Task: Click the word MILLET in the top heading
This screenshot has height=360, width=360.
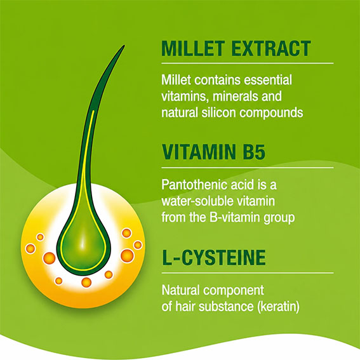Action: [x=192, y=48]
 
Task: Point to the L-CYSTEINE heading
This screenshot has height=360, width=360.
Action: [x=214, y=257]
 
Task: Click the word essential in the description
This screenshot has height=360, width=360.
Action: [x=268, y=80]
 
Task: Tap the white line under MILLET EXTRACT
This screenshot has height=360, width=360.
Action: [x=247, y=63]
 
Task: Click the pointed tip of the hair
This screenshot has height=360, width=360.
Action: [x=124, y=46]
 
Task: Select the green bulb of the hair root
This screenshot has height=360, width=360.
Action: [x=83, y=248]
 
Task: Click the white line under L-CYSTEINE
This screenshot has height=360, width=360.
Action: [x=247, y=273]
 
